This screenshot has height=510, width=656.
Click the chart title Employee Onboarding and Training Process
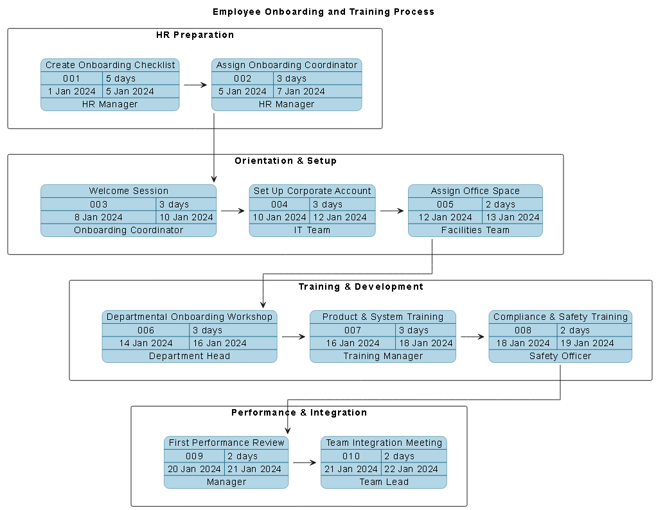tap(323, 12)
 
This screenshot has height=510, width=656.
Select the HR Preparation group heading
tap(195, 35)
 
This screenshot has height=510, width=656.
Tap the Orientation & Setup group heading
tap(285, 161)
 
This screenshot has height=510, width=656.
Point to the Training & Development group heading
tap(360, 286)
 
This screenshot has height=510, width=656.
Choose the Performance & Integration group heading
tap(299, 412)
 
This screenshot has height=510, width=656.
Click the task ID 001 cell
tap(71, 78)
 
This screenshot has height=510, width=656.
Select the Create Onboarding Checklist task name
tap(110, 65)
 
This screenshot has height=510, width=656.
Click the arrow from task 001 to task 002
tap(195, 84)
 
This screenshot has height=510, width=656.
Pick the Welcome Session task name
tap(129, 191)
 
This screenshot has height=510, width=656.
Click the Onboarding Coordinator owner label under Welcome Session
tap(129, 230)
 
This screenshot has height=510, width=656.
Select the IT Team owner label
tap(312, 230)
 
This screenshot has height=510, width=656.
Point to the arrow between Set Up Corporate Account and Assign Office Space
tap(391, 210)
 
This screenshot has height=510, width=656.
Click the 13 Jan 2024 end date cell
tap(512, 217)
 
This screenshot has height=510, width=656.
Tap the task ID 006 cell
tap(146, 330)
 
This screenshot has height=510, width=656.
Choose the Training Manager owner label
tap(383, 356)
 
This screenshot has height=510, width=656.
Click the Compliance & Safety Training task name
tap(560, 317)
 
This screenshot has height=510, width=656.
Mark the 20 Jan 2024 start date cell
tap(194, 469)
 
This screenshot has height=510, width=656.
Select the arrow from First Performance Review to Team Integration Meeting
tap(305, 462)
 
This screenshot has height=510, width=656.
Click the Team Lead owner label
tap(384, 482)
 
